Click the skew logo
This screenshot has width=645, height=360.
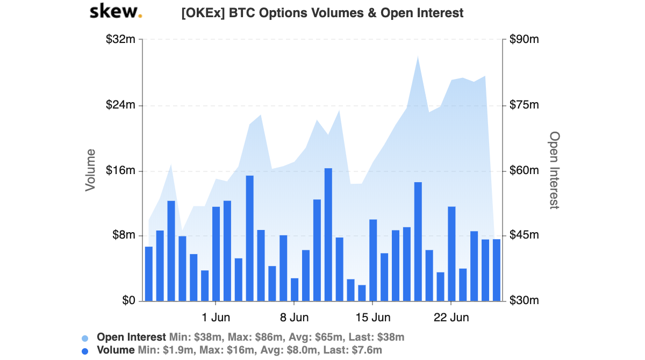coord(116,11)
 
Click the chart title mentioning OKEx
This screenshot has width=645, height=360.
coord(322,13)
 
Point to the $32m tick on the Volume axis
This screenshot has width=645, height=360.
coord(121,40)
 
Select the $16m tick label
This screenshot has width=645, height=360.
coord(121,171)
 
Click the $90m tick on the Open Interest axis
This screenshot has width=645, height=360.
coord(524,40)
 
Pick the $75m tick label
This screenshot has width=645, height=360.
coord(524,105)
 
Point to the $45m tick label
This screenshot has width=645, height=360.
coord(524,236)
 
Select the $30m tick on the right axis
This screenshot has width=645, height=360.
coord(524,301)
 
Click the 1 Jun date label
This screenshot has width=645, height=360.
coord(216,317)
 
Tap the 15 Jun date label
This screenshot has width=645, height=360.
coord(372,317)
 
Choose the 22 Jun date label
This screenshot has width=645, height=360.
coord(451,317)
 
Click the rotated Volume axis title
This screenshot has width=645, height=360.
coord(91,170)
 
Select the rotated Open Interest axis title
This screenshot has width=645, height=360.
coord(554,170)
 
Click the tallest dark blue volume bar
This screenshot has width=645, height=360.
coord(328,234)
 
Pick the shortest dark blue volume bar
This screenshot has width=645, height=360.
coord(362,293)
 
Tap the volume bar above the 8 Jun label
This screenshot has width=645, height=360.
coord(295,289)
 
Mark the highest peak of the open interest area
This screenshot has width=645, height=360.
coord(418,56)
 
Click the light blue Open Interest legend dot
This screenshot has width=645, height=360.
coord(85,338)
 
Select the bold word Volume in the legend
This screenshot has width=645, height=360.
coord(116,350)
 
